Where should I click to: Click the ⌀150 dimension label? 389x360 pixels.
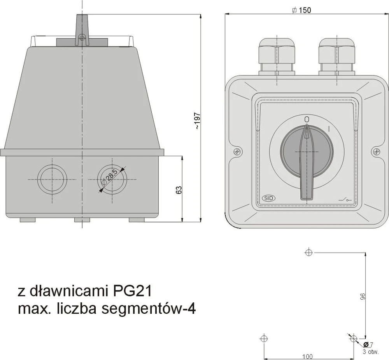click(301, 10)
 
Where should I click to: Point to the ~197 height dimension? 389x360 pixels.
click(198, 121)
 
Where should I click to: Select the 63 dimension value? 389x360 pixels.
click(179, 190)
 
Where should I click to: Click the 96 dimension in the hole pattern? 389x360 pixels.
click(363, 296)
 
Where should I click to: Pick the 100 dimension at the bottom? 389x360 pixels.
click(307, 357)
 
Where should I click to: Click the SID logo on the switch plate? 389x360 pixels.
click(269, 198)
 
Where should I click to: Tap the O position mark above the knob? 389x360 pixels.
click(307, 119)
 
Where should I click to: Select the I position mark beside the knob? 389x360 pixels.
click(329, 129)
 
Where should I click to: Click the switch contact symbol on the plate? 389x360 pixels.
click(345, 199)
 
